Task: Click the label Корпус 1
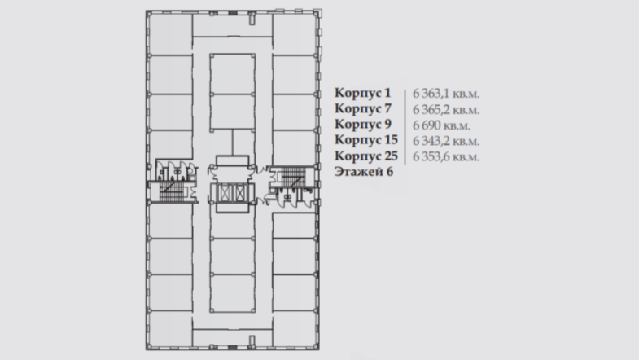pyautogui.click(x=363, y=94)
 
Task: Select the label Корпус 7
pyautogui.click(x=363, y=109)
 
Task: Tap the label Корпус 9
pyautogui.click(x=363, y=125)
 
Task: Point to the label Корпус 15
pyautogui.click(x=366, y=140)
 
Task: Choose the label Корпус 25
pyautogui.click(x=366, y=156)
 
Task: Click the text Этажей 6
pyautogui.click(x=364, y=172)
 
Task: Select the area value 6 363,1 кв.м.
pyautogui.click(x=446, y=94)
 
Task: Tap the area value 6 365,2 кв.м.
pyautogui.click(x=446, y=110)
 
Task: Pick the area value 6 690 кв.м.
pyautogui.click(x=441, y=125)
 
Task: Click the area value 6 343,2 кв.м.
pyautogui.click(x=446, y=141)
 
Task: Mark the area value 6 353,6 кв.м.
pyautogui.click(x=446, y=156)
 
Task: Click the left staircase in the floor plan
pyautogui.click(x=172, y=191)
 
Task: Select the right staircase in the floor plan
pyautogui.click(x=293, y=175)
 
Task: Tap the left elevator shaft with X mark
pyautogui.click(x=225, y=192)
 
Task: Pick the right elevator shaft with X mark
pyautogui.click(x=240, y=192)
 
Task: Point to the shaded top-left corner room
pyautogui.click(x=171, y=34)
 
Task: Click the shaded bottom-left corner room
pyautogui.click(x=171, y=329)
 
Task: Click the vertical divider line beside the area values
pyautogui.click(x=405, y=127)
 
